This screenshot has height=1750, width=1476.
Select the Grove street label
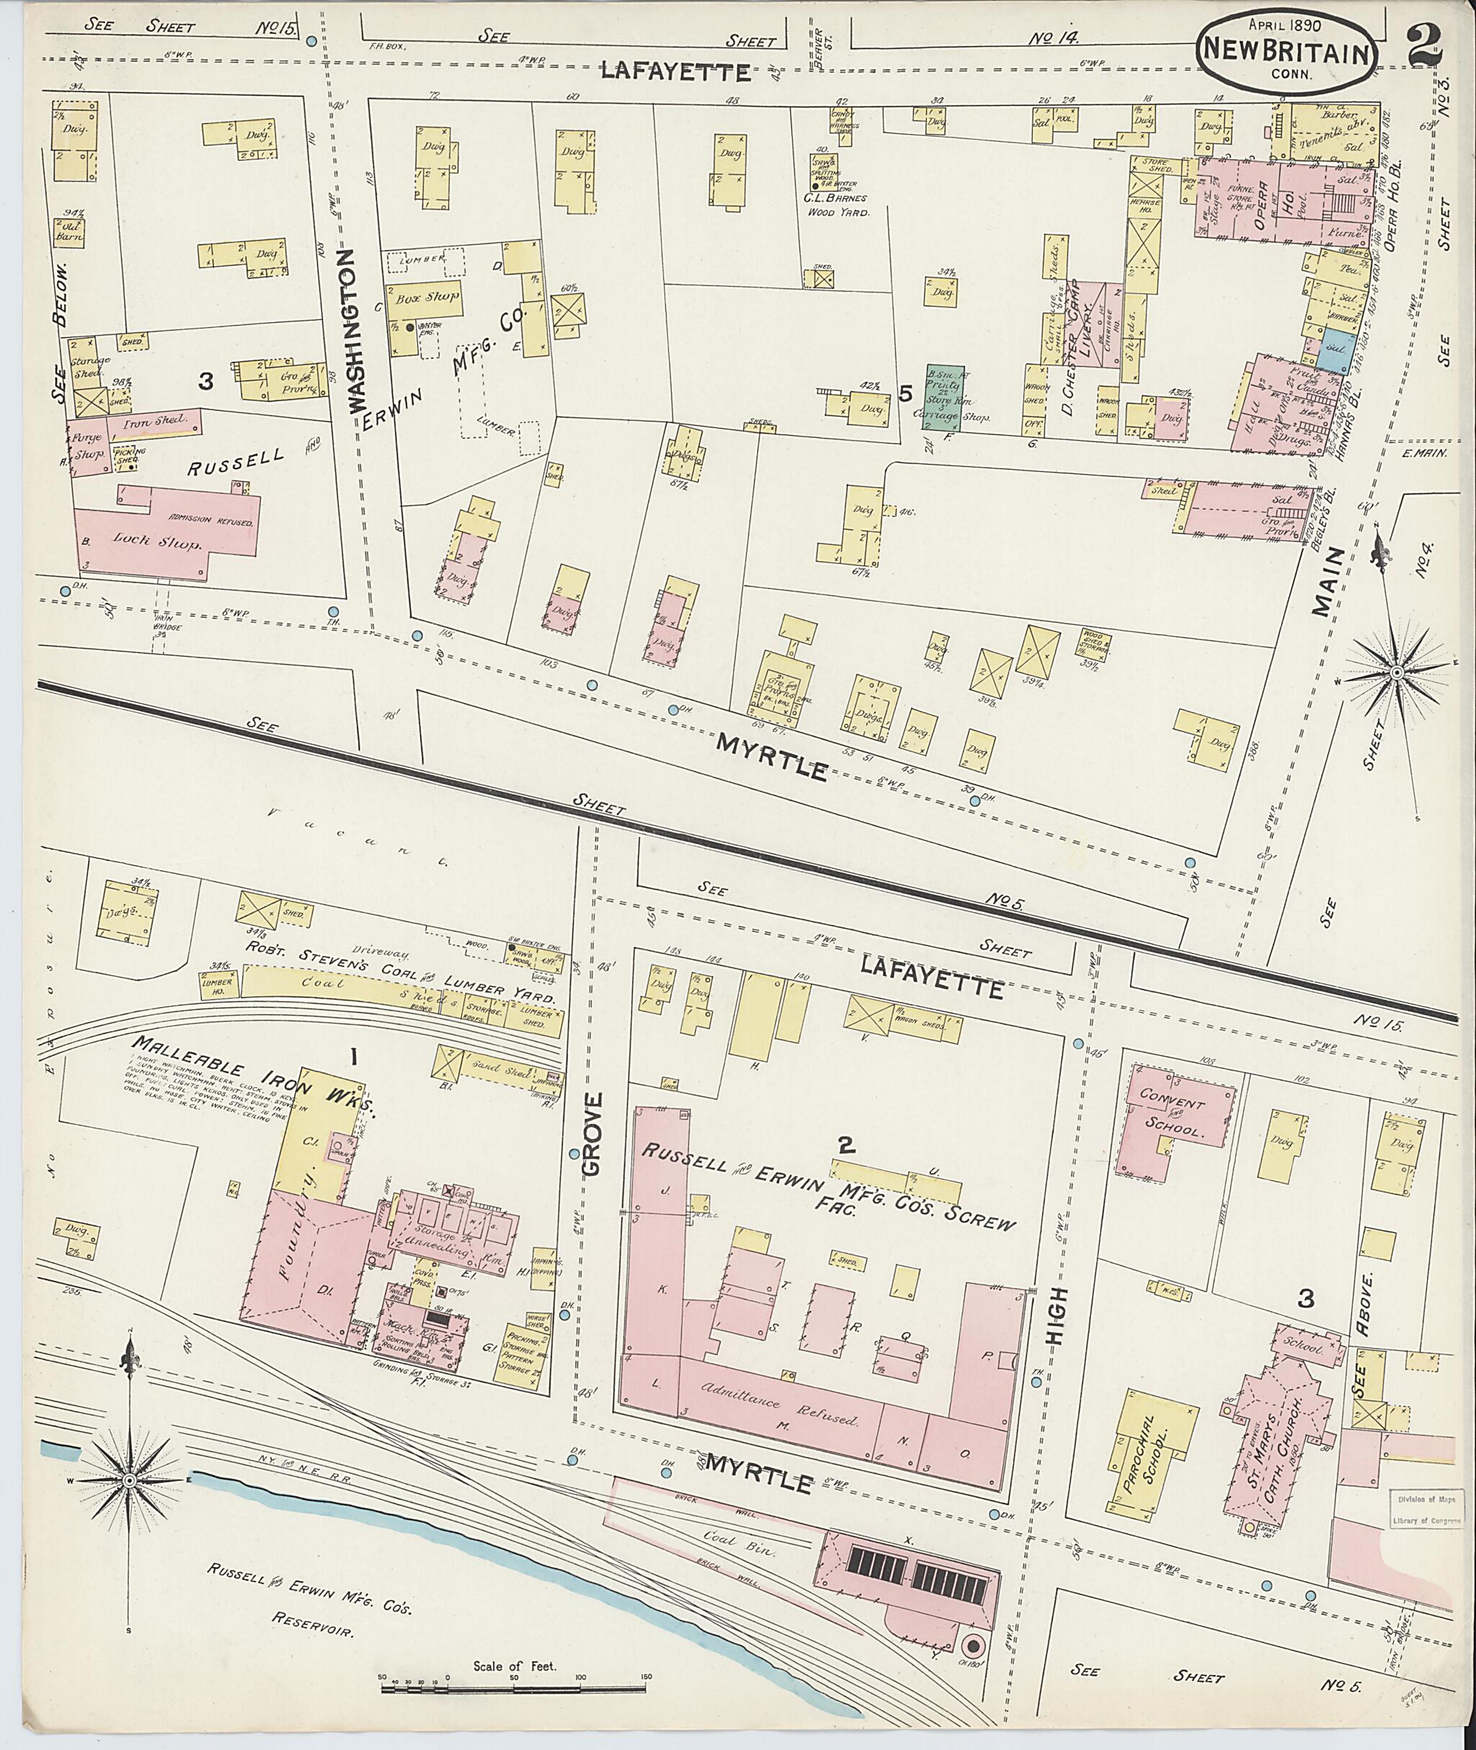pos(592,1134)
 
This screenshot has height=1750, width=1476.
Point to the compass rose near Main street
pos(1395,671)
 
